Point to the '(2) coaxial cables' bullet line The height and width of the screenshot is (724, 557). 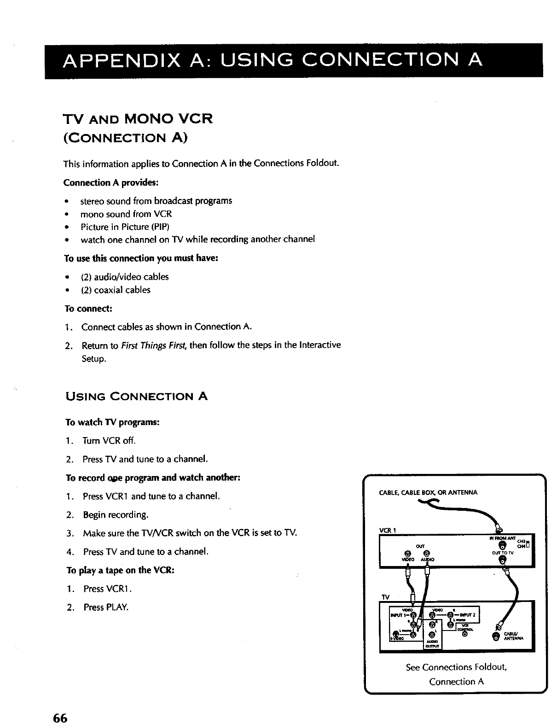pos(116,290)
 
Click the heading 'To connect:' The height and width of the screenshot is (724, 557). pos(88,308)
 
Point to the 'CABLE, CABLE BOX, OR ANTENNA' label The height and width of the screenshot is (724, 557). pos(428,492)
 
